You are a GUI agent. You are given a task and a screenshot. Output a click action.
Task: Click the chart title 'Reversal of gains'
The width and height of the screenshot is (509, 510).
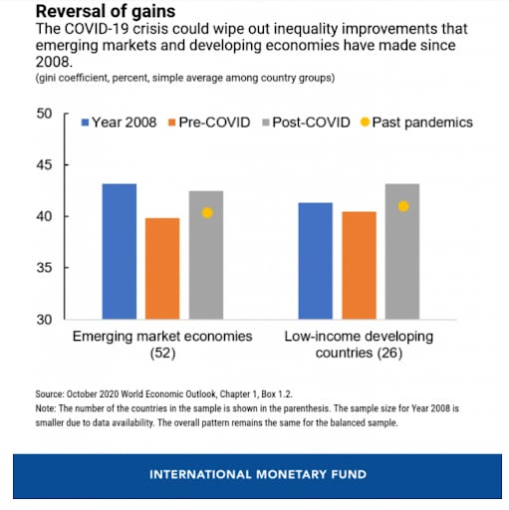[x=106, y=11]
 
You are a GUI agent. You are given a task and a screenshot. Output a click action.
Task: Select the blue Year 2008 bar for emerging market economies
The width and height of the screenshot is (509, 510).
[x=120, y=251]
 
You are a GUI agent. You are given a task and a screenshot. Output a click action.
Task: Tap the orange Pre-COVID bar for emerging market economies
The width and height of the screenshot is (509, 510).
[x=162, y=269]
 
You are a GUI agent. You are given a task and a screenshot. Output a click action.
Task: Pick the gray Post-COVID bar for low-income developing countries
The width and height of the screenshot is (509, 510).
[x=402, y=251]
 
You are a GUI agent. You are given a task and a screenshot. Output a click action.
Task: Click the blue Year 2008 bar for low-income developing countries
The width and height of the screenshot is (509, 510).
[x=316, y=261]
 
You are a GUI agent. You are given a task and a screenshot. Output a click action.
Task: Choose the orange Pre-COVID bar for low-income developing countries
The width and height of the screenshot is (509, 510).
[x=360, y=265]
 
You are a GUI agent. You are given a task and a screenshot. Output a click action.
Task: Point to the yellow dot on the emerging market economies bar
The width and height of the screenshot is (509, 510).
[x=207, y=213]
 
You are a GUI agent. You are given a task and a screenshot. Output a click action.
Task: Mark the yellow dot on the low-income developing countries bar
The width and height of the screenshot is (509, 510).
[x=403, y=206]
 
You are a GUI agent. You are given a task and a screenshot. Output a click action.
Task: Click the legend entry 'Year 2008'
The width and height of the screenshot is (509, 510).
[x=119, y=123]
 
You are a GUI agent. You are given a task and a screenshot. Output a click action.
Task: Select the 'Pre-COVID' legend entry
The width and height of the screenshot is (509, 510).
[x=209, y=123]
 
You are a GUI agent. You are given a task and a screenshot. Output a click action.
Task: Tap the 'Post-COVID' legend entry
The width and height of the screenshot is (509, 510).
[x=306, y=123]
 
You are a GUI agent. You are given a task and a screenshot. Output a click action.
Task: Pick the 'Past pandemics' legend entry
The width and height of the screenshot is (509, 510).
[x=416, y=123]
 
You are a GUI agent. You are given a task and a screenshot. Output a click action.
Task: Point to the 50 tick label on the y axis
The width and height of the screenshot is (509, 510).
[x=44, y=114]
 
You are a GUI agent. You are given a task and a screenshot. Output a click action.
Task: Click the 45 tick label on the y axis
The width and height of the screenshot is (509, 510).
[x=44, y=165]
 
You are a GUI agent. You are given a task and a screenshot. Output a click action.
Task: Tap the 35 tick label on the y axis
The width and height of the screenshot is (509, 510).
[x=44, y=268]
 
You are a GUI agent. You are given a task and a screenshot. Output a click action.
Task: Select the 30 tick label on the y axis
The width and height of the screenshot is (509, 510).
[x=44, y=320]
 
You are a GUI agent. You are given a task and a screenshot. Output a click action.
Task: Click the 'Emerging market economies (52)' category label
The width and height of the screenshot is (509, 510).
[x=162, y=345]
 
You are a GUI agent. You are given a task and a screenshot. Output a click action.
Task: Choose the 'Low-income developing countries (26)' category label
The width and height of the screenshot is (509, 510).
[x=359, y=345]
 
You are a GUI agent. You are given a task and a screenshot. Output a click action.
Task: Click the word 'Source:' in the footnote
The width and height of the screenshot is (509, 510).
[x=50, y=394]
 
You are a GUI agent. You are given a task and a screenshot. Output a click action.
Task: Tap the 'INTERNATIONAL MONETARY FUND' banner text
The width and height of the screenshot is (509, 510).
[x=258, y=474]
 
